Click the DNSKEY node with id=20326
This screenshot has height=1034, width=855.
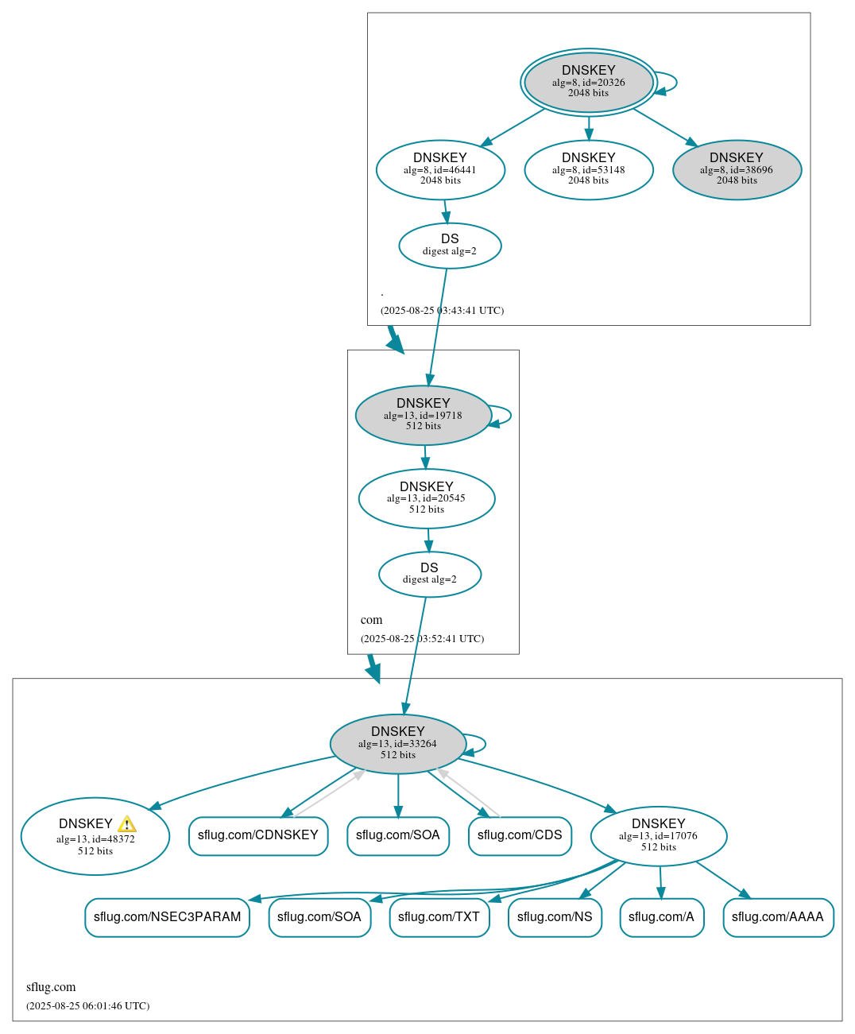[x=588, y=82]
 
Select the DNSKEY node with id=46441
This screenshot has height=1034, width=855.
[x=440, y=169]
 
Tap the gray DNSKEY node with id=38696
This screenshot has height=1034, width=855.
[x=737, y=169]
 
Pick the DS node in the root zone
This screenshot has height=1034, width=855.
[x=450, y=246]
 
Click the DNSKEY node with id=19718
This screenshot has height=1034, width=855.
[x=423, y=415]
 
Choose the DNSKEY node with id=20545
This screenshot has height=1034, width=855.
[x=427, y=498]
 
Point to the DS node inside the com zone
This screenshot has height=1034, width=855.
[x=429, y=574]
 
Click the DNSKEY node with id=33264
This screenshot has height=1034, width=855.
[x=397, y=744]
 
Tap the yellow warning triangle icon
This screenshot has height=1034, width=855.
[x=126, y=824]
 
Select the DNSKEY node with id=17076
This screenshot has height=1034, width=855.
[x=658, y=836]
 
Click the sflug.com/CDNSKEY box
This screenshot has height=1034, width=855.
[x=258, y=835]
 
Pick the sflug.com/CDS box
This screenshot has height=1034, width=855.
[x=520, y=835]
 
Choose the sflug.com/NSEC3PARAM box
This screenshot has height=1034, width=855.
[x=167, y=917]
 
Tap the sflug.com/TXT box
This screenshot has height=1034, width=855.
[x=439, y=917]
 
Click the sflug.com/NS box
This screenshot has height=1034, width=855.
[x=555, y=917]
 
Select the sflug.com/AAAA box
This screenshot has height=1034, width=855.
[x=778, y=917]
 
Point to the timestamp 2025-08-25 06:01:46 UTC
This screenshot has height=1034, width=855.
[x=87, y=1006]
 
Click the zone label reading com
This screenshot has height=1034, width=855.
[x=371, y=620]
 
